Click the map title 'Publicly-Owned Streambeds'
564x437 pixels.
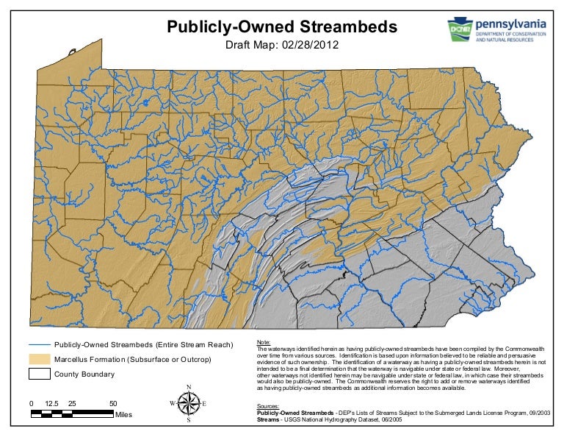282,28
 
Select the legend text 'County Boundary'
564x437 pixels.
85,374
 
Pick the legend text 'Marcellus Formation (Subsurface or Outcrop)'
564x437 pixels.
133,359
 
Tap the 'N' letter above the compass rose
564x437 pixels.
189,388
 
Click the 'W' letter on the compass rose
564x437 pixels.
173,403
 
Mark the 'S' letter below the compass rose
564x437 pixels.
189,421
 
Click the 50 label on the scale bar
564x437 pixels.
114,404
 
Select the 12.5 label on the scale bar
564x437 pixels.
51,404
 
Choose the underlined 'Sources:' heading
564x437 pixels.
269,405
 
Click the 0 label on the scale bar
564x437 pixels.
32,404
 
